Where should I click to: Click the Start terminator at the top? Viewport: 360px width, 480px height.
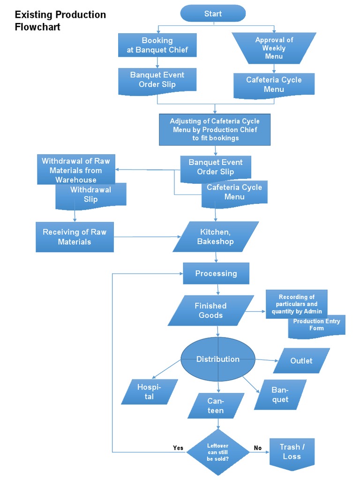click(x=213, y=14)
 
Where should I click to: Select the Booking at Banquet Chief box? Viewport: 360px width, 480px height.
click(x=157, y=45)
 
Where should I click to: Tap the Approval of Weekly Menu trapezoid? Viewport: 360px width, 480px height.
click(x=274, y=48)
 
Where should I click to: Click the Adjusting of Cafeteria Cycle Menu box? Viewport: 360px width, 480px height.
click(x=215, y=129)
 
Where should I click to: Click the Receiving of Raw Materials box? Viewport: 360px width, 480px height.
click(x=75, y=237)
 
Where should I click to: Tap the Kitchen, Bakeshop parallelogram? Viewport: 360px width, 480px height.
click(x=216, y=237)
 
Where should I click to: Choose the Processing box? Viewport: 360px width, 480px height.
click(x=216, y=273)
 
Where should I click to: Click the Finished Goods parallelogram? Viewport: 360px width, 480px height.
click(x=211, y=310)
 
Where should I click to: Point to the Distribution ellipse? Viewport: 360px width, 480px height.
click(x=217, y=359)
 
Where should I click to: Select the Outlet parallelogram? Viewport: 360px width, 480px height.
click(x=301, y=361)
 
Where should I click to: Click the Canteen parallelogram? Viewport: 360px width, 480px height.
click(x=216, y=406)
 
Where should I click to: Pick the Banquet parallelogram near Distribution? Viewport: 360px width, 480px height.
click(x=280, y=395)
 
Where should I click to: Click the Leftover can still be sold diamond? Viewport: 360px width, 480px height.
click(x=218, y=452)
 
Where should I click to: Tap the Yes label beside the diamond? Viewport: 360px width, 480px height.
click(x=178, y=448)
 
